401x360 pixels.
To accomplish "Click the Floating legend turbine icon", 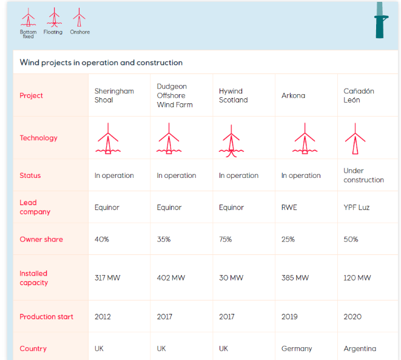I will tap(53, 18).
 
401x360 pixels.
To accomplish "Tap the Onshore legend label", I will tap(79, 32).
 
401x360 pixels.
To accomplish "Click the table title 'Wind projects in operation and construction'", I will tap(101, 63).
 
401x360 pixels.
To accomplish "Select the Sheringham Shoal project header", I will tap(114, 95).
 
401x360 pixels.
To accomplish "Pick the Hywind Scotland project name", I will tap(233, 95).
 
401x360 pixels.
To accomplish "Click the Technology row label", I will tap(38, 138).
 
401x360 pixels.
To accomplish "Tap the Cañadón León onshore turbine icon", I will tap(355, 140).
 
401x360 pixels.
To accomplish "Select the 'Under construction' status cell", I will tap(363, 175).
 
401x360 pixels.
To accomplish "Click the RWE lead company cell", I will tap(289, 208).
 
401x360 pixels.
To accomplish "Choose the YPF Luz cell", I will tap(356, 208).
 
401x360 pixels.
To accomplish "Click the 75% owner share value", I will tap(225, 239).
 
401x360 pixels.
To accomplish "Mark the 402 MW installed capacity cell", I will tap(170, 278).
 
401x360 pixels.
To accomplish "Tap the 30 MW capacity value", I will tap(231, 278).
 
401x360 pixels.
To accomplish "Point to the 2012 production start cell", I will tap(103, 316).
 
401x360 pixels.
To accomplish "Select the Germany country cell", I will tap(297, 348).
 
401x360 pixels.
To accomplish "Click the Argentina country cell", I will tap(360, 348).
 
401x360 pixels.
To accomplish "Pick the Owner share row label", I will tap(41, 239).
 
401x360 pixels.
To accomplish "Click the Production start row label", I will tap(46, 316).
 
